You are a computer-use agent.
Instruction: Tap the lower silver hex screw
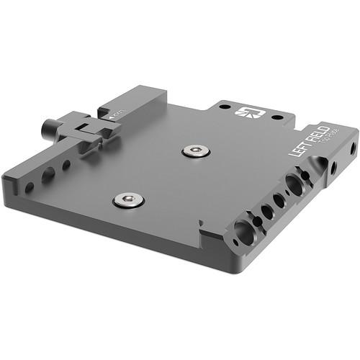[128, 199]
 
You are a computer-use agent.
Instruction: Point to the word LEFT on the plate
[296, 148]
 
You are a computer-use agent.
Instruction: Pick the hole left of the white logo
[225, 107]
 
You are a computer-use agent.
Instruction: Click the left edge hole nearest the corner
[30, 187]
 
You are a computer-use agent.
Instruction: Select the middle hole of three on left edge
[48, 175]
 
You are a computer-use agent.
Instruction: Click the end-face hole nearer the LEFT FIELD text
[333, 168]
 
